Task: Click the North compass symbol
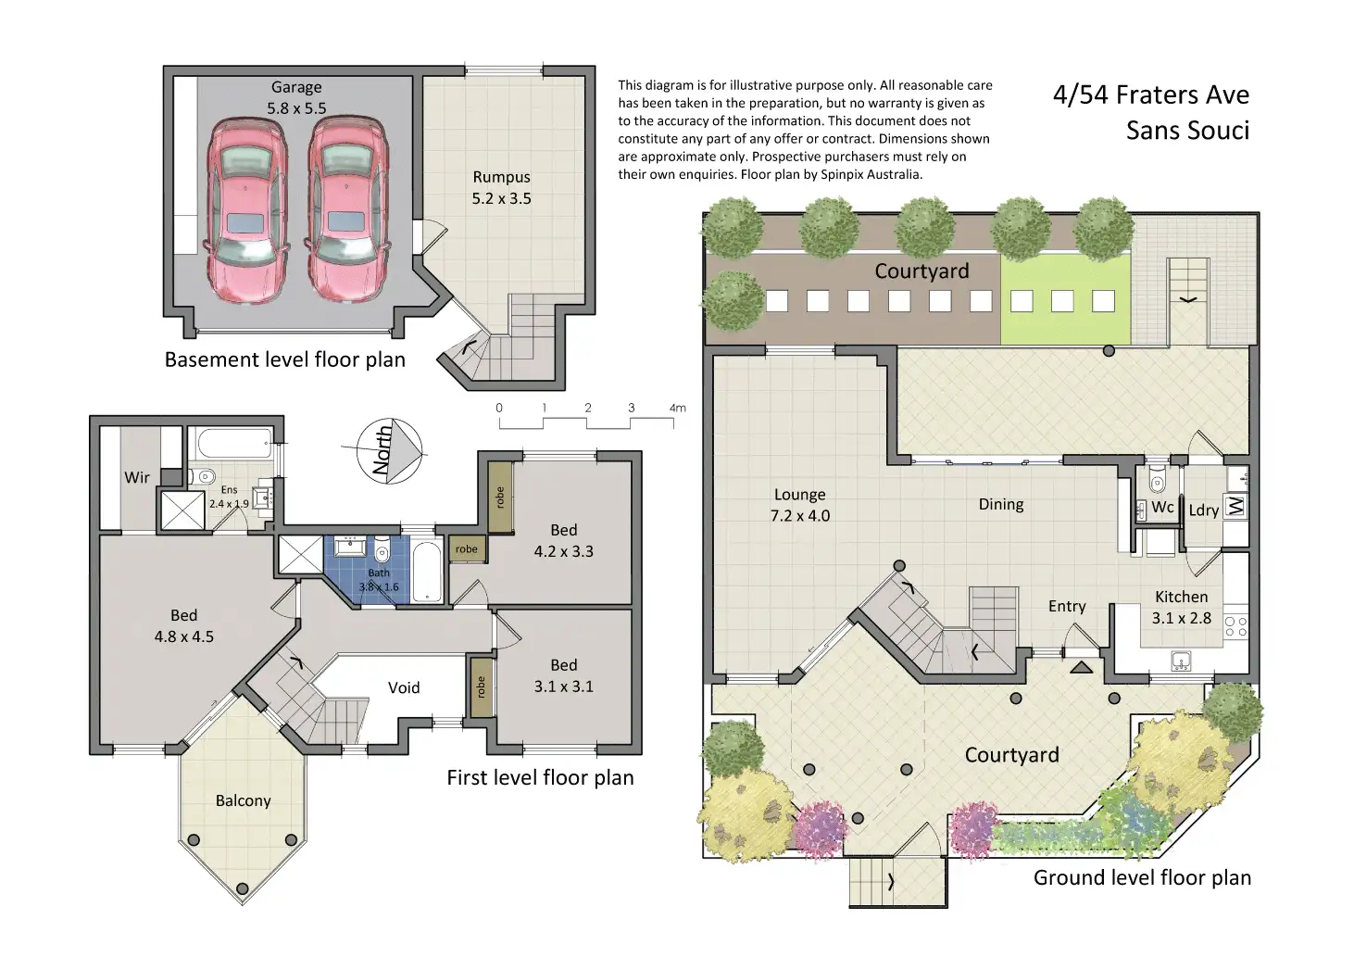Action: [x=389, y=451]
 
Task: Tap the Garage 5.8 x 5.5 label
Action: [x=296, y=97]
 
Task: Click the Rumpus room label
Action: [x=501, y=187]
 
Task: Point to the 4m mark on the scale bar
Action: [x=678, y=408]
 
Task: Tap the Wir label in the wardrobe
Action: [x=137, y=477]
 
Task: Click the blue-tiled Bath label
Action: [x=379, y=579]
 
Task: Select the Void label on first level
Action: [x=404, y=687]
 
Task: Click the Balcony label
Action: [x=243, y=800]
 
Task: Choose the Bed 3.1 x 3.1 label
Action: [x=563, y=675]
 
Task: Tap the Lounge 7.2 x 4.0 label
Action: [x=799, y=505]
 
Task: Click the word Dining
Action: [x=1001, y=505]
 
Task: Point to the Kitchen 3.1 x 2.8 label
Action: [x=1181, y=607]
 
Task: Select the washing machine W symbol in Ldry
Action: [x=1236, y=506]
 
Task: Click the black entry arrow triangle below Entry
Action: [x=1082, y=667]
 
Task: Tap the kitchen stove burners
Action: [x=1236, y=625]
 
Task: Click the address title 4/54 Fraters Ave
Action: [x=1151, y=94]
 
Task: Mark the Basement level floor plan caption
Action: [x=284, y=359]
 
